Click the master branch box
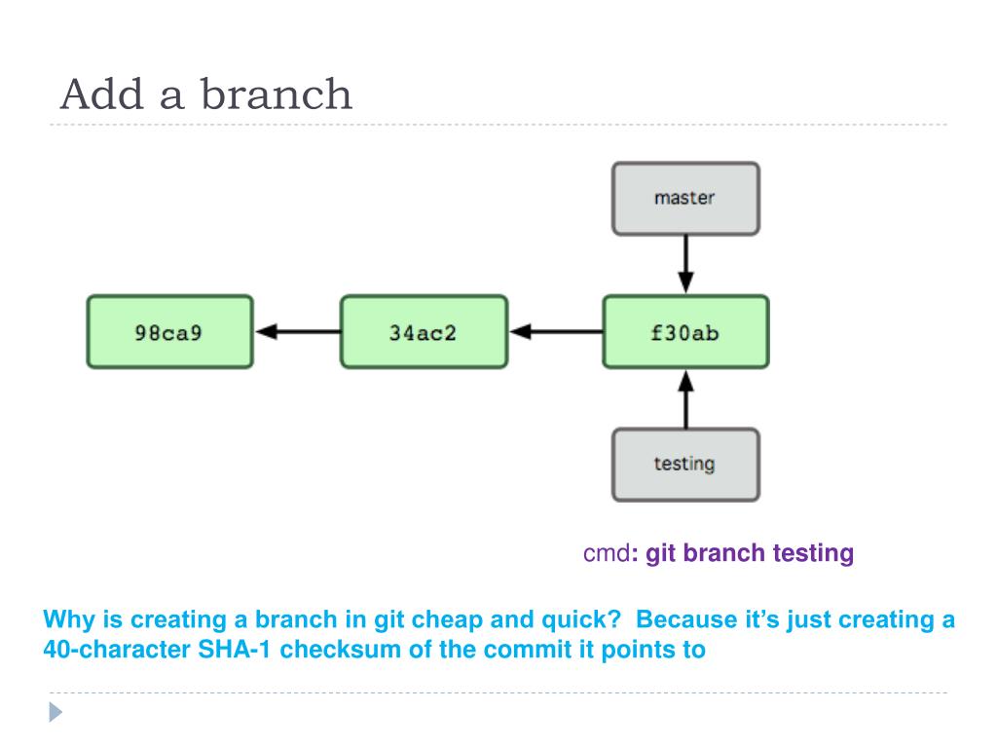point(685,199)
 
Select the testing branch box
point(685,465)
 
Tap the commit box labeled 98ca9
point(169,331)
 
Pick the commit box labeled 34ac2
point(425,331)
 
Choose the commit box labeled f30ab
point(685,331)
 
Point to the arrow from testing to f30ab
point(685,398)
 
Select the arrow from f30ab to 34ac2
point(556,331)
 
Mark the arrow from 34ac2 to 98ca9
point(298,331)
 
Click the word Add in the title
point(102,94)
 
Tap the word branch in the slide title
point(276,94)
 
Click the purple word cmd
point(606,553)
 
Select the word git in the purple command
point(660,554)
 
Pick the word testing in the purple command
point(813,554)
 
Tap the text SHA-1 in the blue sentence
point(235,650)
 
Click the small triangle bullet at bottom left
point(55,712)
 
